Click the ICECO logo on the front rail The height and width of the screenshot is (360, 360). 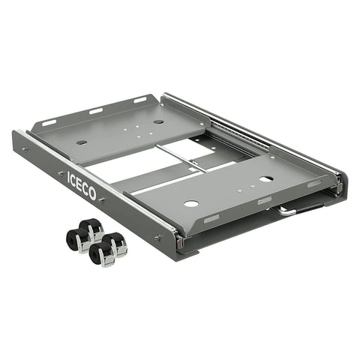[81, 184]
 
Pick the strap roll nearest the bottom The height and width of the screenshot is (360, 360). [101, 254]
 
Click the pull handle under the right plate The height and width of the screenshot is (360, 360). [300, 209]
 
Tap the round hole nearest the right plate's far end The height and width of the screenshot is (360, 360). [265, 178]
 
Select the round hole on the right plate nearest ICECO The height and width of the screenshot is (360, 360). [191, 203]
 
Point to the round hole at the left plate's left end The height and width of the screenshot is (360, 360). [82, 142]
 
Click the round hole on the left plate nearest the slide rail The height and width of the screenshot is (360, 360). [159, 121]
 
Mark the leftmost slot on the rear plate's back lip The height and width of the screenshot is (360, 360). [48, 122]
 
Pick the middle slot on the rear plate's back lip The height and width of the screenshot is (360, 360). [95, 111]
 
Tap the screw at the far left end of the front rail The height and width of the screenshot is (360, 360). [24, 149]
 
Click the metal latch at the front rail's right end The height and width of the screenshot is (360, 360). [180, 241]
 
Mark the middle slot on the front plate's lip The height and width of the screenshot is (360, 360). [264, 201]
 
